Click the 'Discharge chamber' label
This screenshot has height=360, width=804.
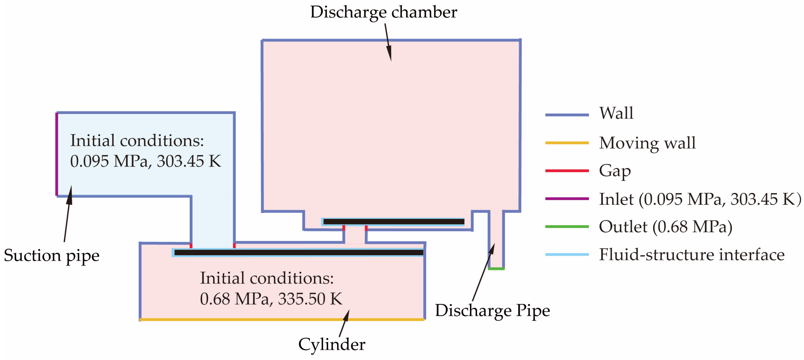point(383,12)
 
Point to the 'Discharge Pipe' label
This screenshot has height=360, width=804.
point(492,311)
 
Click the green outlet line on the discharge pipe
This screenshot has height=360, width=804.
point(496,269)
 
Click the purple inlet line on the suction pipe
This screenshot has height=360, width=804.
point(57,154)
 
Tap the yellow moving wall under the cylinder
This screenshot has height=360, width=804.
point(281,319)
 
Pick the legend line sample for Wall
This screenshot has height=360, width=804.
point(566,115)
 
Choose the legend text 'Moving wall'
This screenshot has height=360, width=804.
point(647,143)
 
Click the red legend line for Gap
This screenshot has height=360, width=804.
point(566,171)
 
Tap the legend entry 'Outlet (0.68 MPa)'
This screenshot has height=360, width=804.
point(665,227)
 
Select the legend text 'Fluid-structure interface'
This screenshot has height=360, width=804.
point(691,255)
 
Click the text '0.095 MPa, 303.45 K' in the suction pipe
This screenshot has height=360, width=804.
point(145,161)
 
